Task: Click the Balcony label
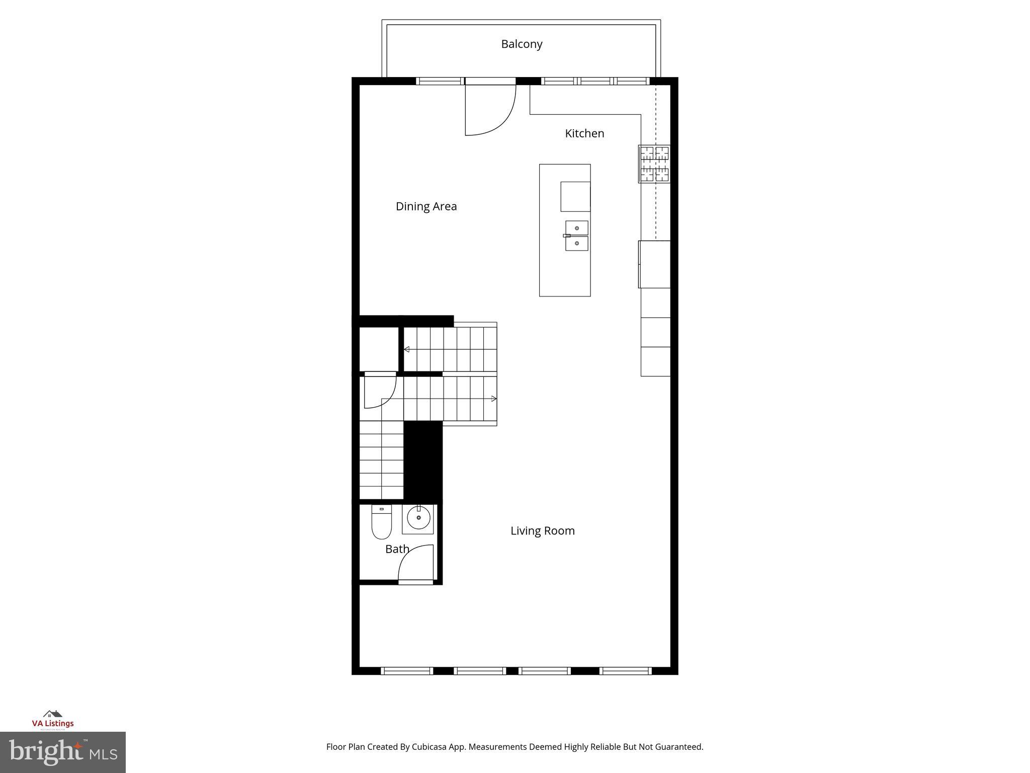click(522, 44)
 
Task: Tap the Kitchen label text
click(584, 133)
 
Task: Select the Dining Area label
click(426, 206)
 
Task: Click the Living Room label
click(542, 531)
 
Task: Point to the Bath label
click(397, 549)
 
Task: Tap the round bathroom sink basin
click(418, 518)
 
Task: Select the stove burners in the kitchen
click(654, 164)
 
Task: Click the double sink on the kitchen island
click(576, 236)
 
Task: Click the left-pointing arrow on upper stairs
click(406, 349)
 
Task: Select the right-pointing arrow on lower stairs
click(494, 399)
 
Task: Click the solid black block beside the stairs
click(423, 460)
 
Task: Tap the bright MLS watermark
click(63, 752)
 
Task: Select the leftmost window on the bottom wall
click(407, 671)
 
